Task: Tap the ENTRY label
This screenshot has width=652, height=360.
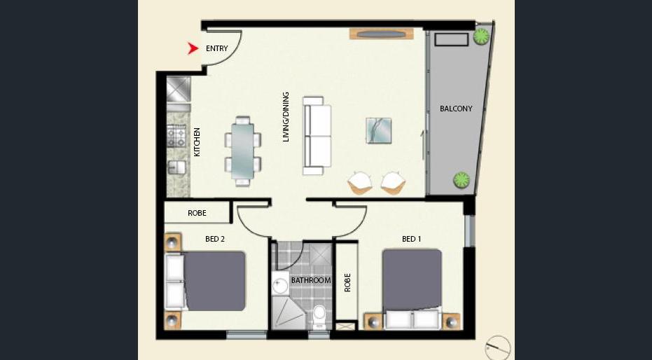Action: pos(217,48)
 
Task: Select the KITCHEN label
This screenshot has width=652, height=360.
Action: pos(197,142)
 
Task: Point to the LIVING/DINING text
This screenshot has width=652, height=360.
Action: pos(286,117)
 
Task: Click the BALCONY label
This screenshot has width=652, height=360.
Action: pos(456,109)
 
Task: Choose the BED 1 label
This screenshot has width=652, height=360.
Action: pos(412,239)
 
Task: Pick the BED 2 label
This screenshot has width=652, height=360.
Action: pos(215,239)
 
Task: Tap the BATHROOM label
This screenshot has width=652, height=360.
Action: pos(311,281)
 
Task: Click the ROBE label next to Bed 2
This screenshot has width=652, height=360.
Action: pos(197,213)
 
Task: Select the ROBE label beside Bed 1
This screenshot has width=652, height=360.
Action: pos(347,282)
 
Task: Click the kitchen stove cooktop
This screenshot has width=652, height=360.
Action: pos(176,137)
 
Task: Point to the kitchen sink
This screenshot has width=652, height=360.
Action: pos(176,167)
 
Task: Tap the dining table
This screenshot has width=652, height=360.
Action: pos(243,151)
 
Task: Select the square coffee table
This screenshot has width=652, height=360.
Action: pos(379,130)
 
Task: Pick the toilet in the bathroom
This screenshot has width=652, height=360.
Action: pos(320,317)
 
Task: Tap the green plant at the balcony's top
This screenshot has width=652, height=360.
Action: pos(482,36)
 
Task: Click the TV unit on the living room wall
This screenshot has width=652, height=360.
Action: pos(382,34)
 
